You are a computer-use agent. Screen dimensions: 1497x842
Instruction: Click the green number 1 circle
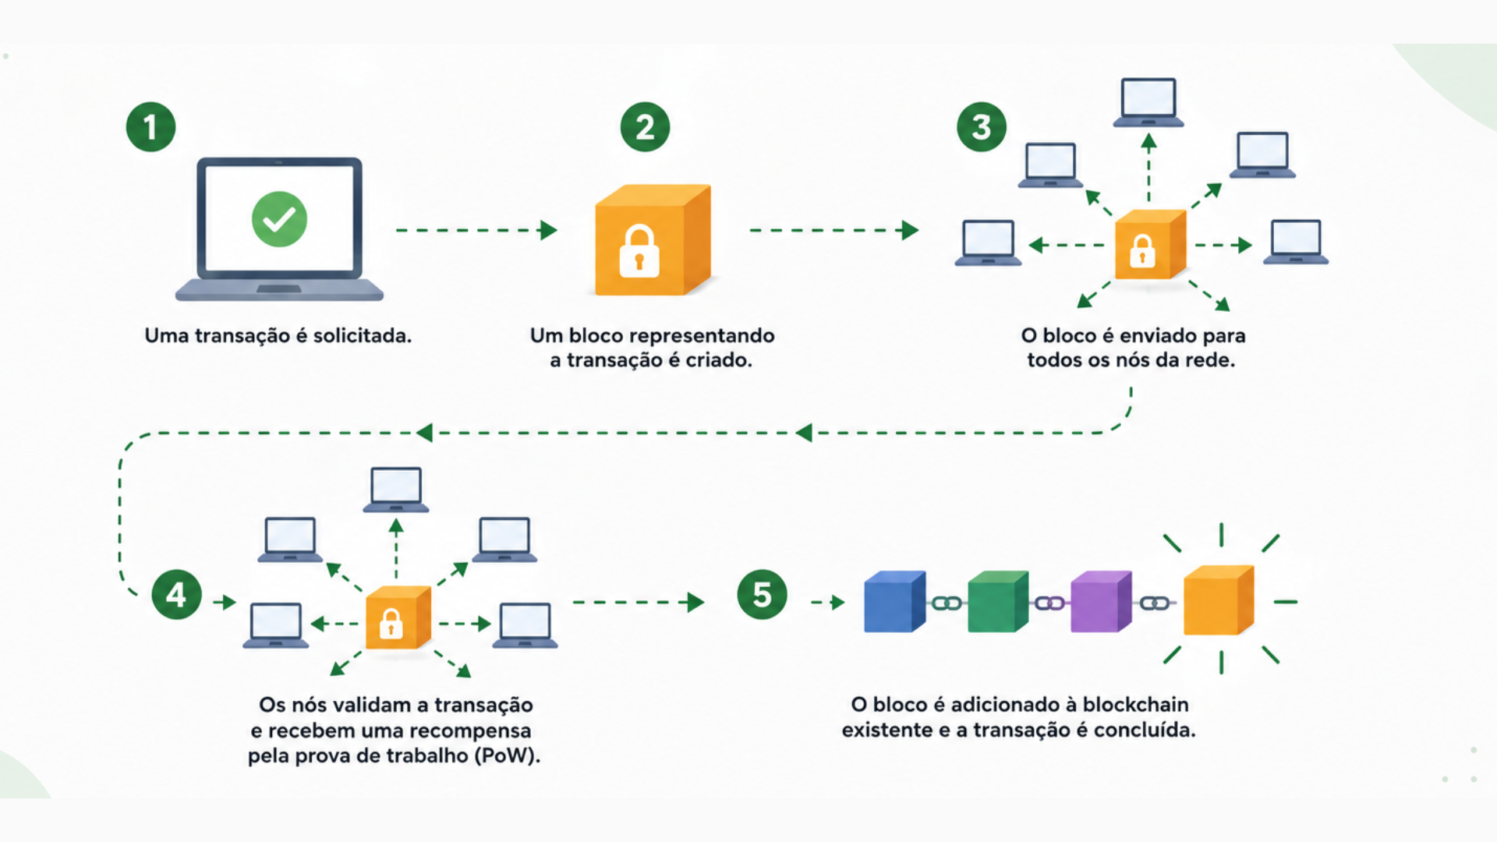150,127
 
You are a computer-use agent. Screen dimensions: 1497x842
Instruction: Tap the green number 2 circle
645,127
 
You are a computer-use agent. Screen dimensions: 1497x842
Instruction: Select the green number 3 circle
982,127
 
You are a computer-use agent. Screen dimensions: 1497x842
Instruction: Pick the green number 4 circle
176,595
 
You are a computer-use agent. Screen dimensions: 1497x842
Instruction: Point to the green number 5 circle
762,595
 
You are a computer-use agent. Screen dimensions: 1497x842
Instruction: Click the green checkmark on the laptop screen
279,219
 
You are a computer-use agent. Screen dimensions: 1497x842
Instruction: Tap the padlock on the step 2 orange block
639,251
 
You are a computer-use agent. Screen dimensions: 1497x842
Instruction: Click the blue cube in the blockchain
895,601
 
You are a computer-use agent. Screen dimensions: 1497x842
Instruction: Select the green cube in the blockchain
998,601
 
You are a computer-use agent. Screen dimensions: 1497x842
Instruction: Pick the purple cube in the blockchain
1101,601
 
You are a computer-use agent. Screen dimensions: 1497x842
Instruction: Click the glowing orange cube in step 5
1219,600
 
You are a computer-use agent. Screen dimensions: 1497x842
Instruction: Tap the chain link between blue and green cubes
947,603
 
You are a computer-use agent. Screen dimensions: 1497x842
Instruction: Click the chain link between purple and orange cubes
1155,603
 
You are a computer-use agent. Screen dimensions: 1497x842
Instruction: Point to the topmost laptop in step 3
1148,102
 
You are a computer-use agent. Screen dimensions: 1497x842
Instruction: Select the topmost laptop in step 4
396,490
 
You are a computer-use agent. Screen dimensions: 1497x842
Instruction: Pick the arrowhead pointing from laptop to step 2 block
549,230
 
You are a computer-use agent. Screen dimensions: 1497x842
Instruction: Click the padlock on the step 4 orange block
391,624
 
